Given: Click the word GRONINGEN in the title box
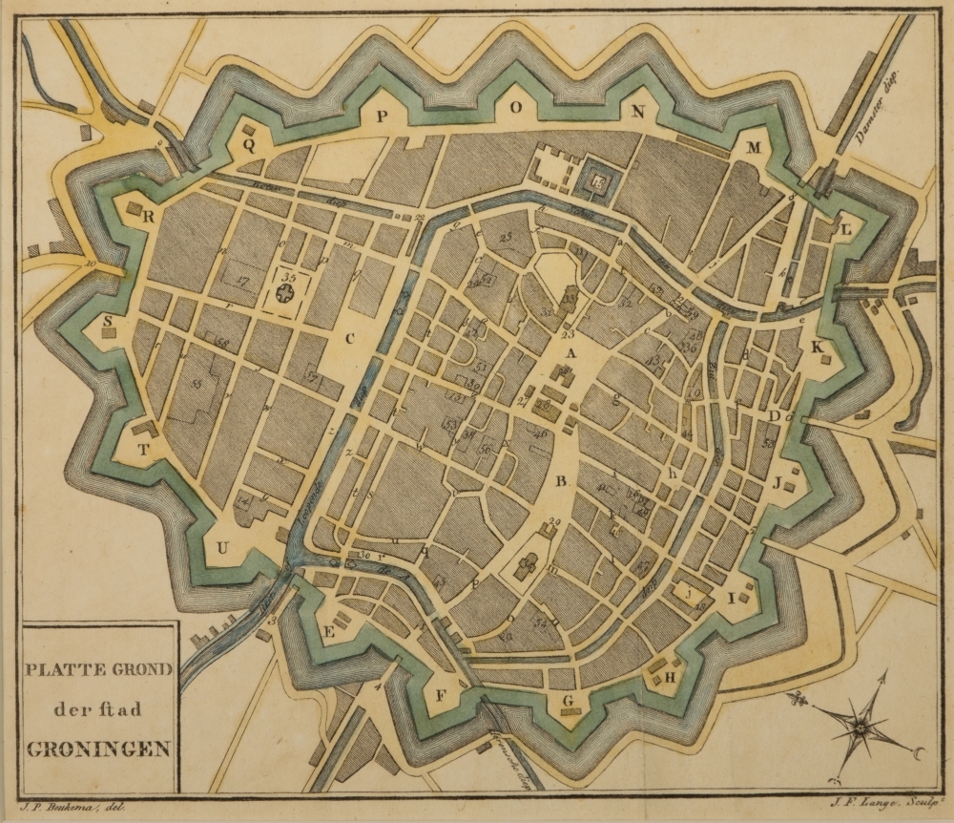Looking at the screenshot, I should tap(98, 748).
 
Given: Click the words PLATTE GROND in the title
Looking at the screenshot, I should tap(98, 669).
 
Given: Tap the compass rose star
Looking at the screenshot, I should tap(860, 728).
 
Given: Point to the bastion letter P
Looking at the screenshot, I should tap(381, 116).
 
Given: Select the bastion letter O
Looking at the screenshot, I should tap(515, 109).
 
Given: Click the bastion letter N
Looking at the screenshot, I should tap(637, 113).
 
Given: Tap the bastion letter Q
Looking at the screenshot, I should tap(250, 146).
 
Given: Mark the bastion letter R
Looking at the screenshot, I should tap(149, 216).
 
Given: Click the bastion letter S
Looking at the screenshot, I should tap(108, 321).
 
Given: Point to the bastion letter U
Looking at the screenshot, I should tap(223, 547).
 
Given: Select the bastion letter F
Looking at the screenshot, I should tap(441, 695).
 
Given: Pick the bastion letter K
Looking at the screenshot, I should tap(816, 348).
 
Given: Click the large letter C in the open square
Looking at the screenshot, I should tap(350, 336).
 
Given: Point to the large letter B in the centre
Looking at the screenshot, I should tap(562, 479).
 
